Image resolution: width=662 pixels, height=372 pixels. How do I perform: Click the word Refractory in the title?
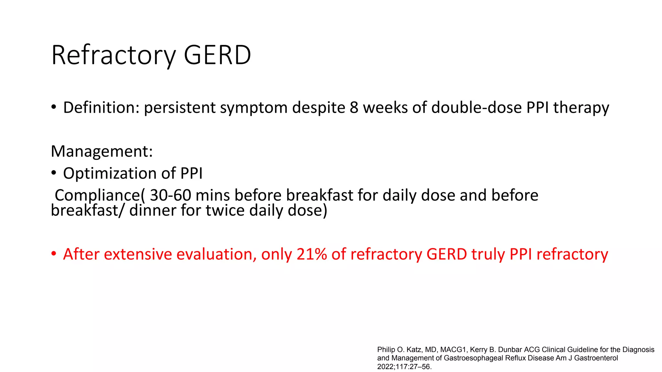113,55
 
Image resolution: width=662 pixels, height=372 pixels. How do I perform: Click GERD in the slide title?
217,55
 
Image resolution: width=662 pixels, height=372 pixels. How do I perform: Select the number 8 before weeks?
354,108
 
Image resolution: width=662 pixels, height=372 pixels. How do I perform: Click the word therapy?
581,108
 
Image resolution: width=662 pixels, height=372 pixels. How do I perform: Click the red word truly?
488,255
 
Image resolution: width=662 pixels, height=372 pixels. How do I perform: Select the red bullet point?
54,253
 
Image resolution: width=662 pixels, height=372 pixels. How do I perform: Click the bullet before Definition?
54,107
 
